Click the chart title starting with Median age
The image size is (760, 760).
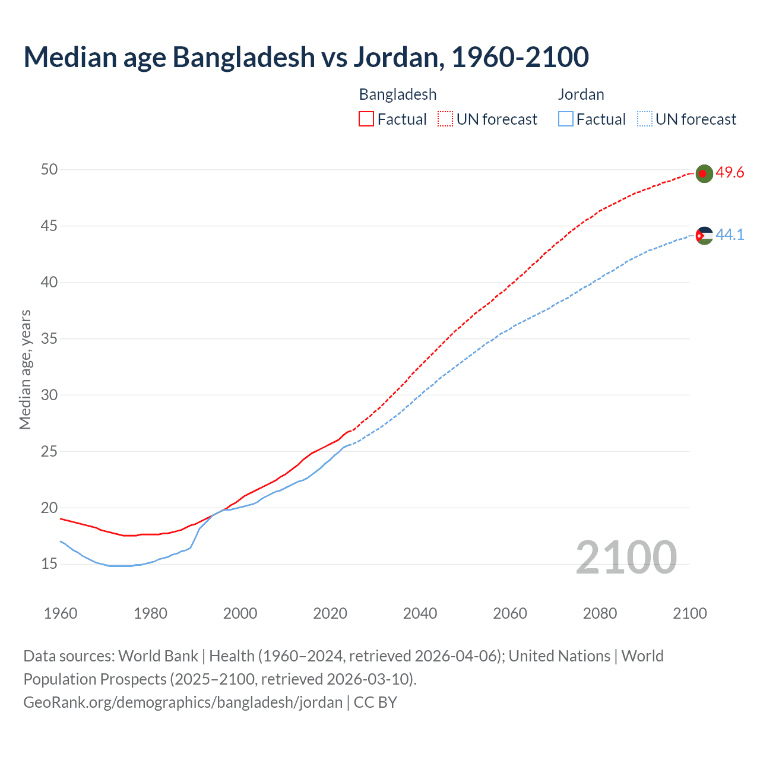pyautogui.click(x=306, y=57)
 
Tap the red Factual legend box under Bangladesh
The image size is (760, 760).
pyautogui.click(x=366, y=119)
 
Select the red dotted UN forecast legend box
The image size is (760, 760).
pyautogui.click(x=445, y=119)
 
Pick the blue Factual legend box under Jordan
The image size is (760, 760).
pyautogui.click(x=566, y=119)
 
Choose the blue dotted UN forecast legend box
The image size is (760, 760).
pyautogui.click(x=645, y=119)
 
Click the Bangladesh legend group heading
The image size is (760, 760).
pyautogui.click(x=398, y=94)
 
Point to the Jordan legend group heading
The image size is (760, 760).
pyautogui.click(x=581, y=94)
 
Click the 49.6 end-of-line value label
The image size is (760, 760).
pyautogui.click(x=730, y=172)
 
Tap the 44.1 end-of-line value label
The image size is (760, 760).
pyautogui.click(x=730, y=235)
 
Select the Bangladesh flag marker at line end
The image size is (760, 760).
pyautogui.click(x=704, y=173)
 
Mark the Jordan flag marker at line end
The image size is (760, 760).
pyautogui.click(x=704, y=236)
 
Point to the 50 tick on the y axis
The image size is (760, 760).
pyautogui.click(x=49, y=169)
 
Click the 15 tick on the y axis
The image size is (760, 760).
pyautogui.click(x=49, y=563)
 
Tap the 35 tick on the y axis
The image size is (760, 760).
pyautogui.click(x=49, y=338)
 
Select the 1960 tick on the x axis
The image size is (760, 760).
pyautogui.click(x=61, y=613)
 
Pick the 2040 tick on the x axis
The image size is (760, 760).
pyautogui.click(x=420, y=613)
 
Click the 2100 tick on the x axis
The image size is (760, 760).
pyautogui.click(x=690, y=613)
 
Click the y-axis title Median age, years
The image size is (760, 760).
pyautogui.click(x=25, y=369)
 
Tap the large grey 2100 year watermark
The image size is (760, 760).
pyautogui.click(x=626, y=557)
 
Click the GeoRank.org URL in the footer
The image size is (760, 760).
pyautogui.click(x=183, y=702)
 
